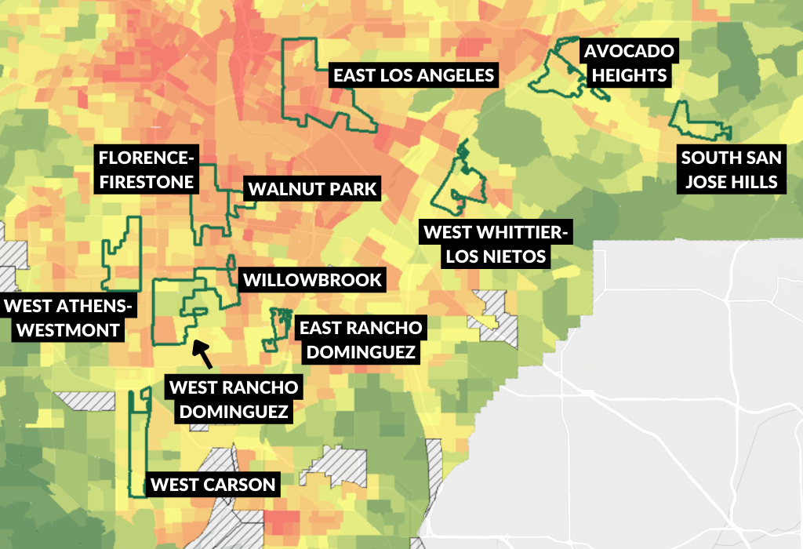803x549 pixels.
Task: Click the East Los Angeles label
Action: click(x=413, y=75)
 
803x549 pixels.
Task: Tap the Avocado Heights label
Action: click(x=628, y=64)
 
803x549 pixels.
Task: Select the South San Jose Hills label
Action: click(x=731, y=169)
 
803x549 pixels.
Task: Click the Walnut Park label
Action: click(x=313, y=189)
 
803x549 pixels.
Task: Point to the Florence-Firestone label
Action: click(x=147, y=169)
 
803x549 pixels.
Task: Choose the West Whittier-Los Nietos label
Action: click(x=496, y=245)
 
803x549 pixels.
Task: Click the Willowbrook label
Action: click(x=312, y=280)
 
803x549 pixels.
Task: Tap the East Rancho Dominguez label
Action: click(x=360, y=340)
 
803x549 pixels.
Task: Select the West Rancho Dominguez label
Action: click(x=234, y=399)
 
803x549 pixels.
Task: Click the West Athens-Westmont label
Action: click(x=63, y=318)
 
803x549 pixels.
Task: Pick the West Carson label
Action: click(x=213, y=485)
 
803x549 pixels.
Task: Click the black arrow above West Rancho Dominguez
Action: click(x=202, y=354)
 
